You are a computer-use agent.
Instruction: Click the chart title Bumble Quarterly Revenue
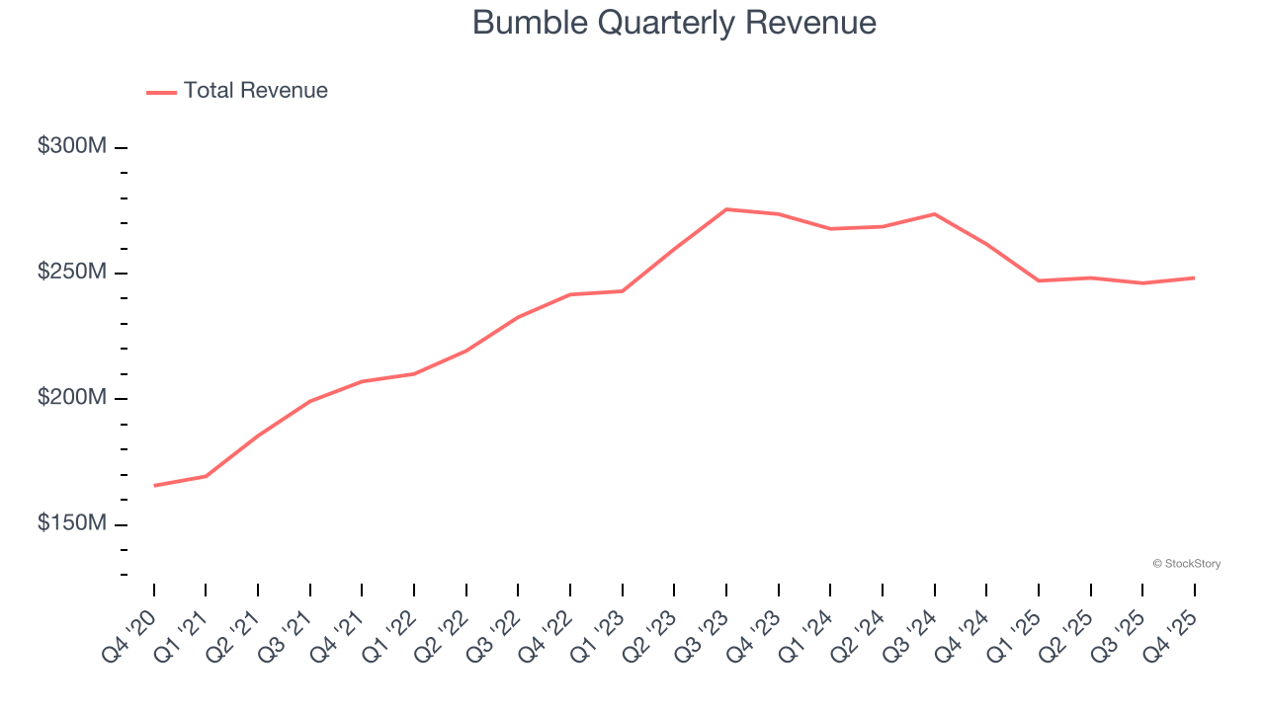tap(674, 23)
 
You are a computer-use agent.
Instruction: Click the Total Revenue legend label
tap(255, 91)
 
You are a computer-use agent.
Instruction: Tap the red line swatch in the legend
tap(161, 92)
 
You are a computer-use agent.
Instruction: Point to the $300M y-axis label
tap(72, 146)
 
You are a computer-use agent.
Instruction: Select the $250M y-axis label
tap(72, 272)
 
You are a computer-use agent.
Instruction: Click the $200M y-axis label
tap(72, 397)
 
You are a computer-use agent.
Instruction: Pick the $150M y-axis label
tap(72, 522)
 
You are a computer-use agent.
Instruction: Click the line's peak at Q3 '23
tap(726, 209)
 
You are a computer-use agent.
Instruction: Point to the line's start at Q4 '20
tap(154, 486)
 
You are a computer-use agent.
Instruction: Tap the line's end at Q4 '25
tap(1194, 277)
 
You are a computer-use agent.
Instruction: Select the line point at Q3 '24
tap(934, 214)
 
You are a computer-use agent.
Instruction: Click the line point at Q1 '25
tap(1039, 280)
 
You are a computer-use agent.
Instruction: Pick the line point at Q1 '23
tap(622, 291)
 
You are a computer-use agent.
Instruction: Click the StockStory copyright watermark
tap(1186, 564)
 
